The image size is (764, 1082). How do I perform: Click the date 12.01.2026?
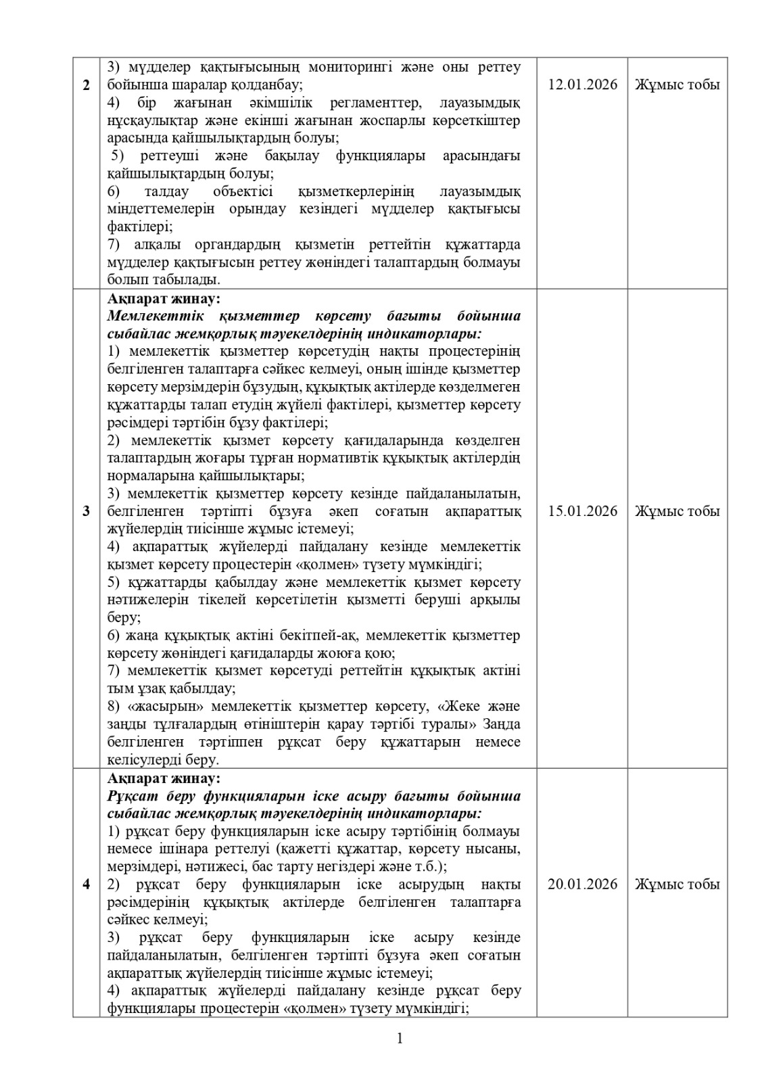(582, 85)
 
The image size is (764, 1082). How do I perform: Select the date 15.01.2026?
(582, 511)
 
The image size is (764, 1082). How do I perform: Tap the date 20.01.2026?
(582, 885)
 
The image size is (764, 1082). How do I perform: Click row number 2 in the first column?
(86, 85)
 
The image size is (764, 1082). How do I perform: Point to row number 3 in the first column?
(86, 511)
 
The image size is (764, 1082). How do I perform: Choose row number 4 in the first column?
(86, 885)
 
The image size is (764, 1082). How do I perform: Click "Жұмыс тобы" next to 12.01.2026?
(677, 85)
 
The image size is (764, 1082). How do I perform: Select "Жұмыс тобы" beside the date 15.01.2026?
(677, 511)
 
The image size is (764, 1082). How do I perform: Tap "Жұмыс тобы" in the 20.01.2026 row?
(677, 885)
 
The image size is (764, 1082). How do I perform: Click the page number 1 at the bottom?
(400, 1039)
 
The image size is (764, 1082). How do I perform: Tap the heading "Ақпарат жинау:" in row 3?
(163, 298)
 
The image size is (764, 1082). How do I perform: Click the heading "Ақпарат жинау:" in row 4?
(163, 778)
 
